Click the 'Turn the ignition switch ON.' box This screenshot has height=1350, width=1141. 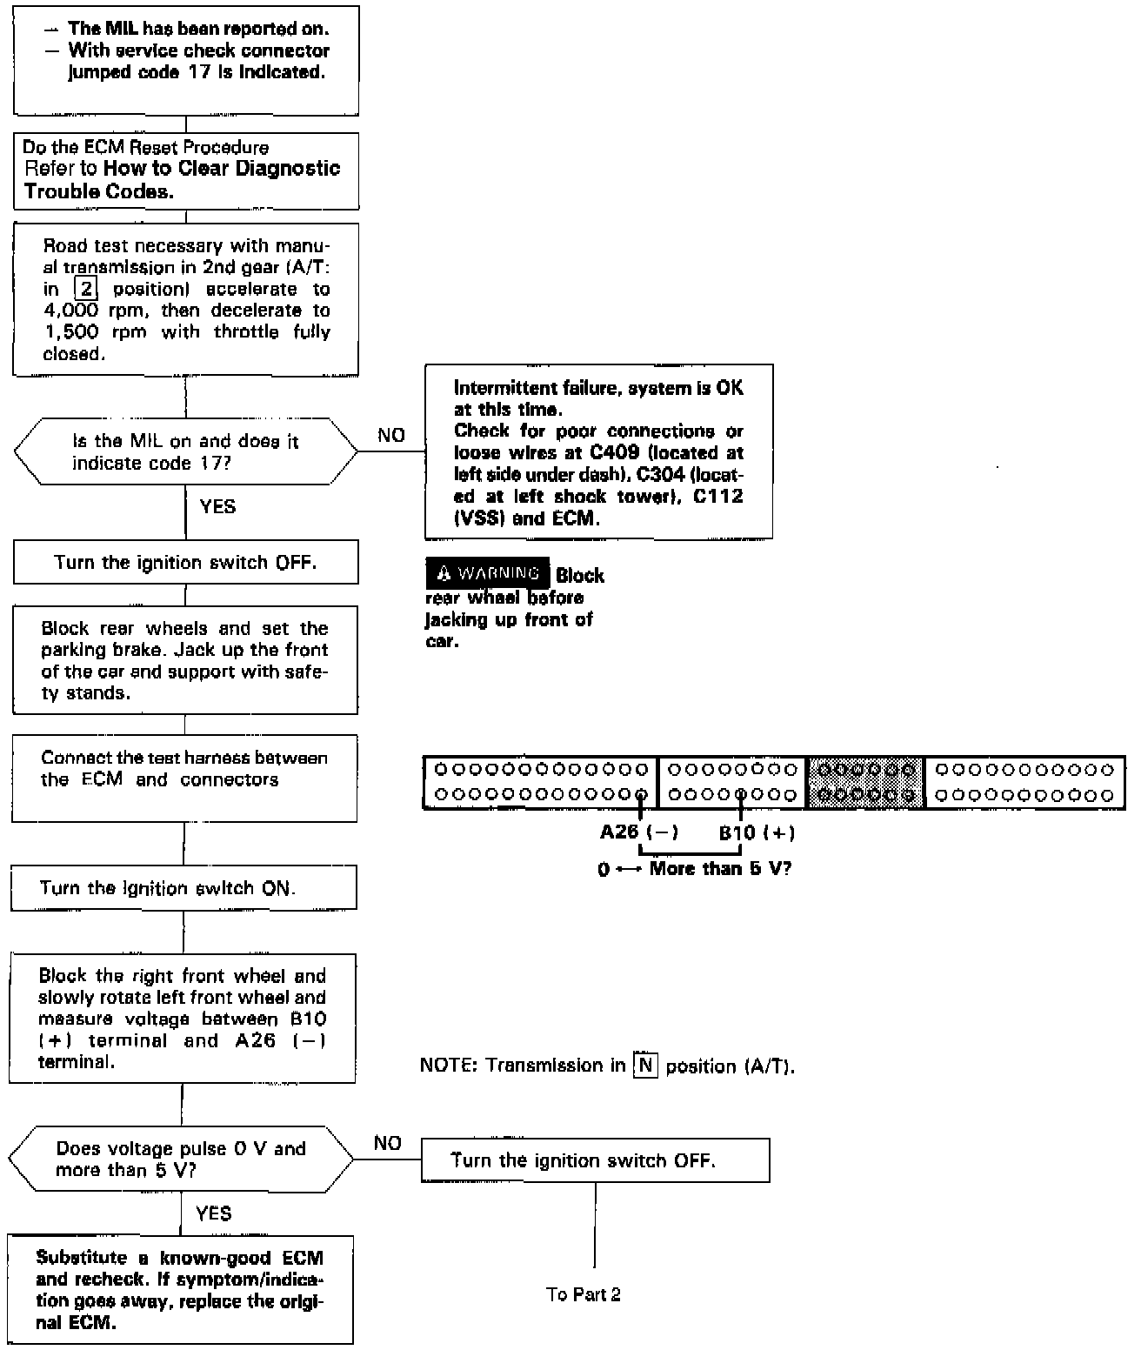pyautogui.click(x=183, y=888)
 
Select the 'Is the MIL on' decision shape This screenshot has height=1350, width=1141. pyautogui.click(x=185, y=451)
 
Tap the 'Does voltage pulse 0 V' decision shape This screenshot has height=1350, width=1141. pyautogui.click(x=181, y=1160)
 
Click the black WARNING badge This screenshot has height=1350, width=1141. pyautogui.click(x=488, y=573)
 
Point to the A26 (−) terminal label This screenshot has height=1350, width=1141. pyautogui.click(x=638, y=832)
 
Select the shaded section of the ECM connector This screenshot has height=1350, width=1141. pyautogui.click(x=865, y=782)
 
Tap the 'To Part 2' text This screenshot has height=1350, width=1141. pyautogui.click(x=584, y=1294)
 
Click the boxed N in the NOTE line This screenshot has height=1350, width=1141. pyautogui.click(x=645, y=1065)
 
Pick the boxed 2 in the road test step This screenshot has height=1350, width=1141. pyautogui.click(x=85, y=289)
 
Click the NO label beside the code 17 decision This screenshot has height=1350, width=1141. pyautogui.click(x=391, y=436)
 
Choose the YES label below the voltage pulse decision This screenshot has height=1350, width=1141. pyautogui.click(x=214, y=1213)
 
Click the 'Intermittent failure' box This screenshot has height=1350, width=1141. pyautogui.click(x=598, y=451)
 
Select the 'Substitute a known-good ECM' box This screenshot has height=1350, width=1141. pyautogui.click(x=181, y=1290)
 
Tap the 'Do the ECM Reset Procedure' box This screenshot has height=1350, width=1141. pyautogui.click(x=186, y=170)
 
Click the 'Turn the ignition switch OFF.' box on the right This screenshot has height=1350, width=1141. pyautogui.click(x=595, y=1160)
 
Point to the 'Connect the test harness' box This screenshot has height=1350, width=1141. pyautogui.click(x=184, y=778)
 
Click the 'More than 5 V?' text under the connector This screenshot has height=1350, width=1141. pyautogui.click(x=720, y=868)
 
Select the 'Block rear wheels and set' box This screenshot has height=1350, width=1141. pyautogui.click(x=185, y=660)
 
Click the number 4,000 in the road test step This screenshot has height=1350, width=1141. pyautogui.click(x=71, y=311)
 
